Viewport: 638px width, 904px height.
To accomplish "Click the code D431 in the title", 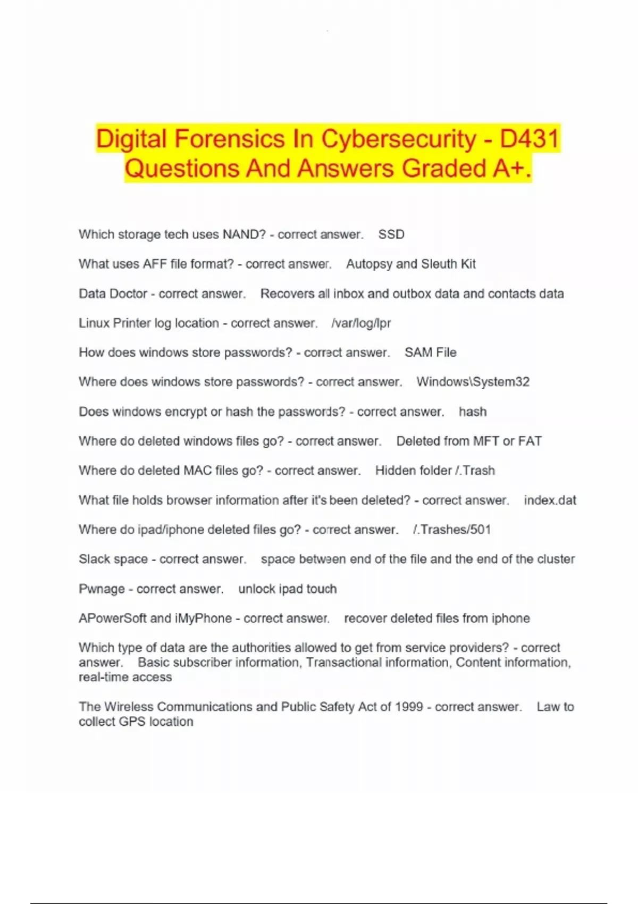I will coord(530,139).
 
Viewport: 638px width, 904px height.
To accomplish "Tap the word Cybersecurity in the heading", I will coord(398,139).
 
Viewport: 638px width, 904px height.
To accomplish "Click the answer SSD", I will coord(391,235).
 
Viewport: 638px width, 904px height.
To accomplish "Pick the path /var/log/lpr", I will coord(361,323).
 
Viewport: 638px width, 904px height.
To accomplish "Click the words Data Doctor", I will coord(113,294).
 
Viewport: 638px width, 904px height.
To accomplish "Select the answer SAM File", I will coord(430,353).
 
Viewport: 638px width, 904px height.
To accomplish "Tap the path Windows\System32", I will coord(473,382).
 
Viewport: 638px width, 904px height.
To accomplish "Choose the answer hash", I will coord(473,412).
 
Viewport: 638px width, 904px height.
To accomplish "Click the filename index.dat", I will coord(550,500).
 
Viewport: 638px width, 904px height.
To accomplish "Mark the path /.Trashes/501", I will coord(451,530).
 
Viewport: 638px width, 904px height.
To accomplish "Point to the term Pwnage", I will coord(102,589).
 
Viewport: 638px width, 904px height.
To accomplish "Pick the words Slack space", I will coord(113,559).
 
